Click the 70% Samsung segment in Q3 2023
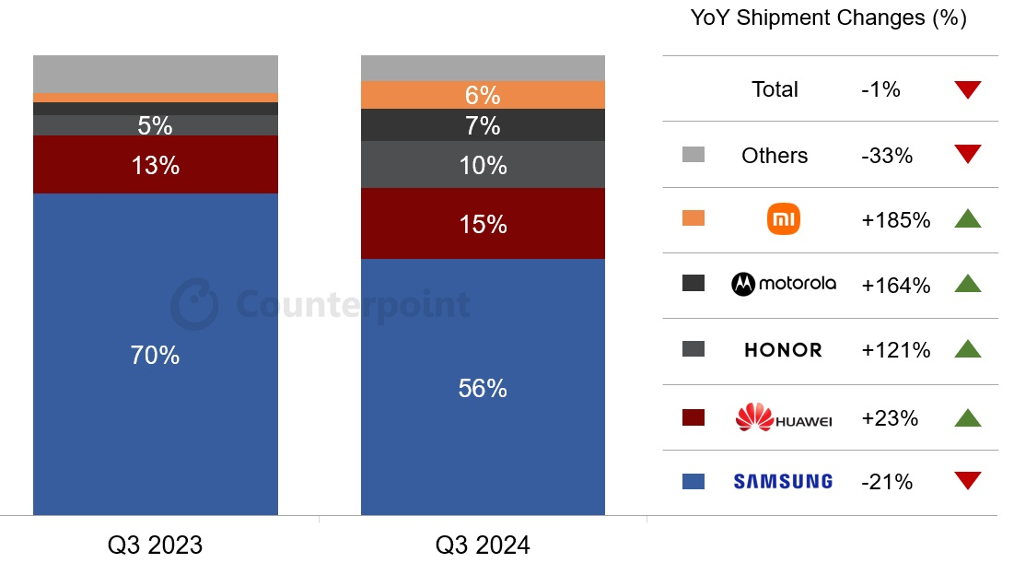155,354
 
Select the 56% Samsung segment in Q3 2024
483,387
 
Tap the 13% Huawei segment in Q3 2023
155,165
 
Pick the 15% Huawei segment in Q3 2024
483,224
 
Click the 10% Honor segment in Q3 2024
483,165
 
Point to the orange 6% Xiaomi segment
483,95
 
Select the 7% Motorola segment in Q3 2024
483,125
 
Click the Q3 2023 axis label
155,545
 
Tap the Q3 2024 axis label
483,545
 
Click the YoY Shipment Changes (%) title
828,18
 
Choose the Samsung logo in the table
783,481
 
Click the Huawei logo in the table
784,418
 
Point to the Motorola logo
784,284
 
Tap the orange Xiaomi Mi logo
784,219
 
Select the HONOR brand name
783,350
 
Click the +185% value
895,220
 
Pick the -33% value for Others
887,156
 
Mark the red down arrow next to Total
968,89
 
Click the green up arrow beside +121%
968,349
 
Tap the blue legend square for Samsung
693,481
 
